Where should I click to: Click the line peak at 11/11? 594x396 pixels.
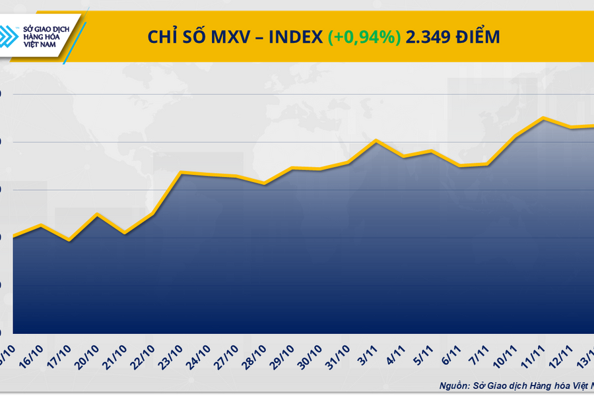[x=543, y=118]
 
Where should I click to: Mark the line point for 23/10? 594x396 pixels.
[x=181, y=172]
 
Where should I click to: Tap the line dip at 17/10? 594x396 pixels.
[x=69, y=240]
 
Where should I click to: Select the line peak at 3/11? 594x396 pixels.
[x=376, y=140]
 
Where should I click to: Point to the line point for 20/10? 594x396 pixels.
[x=98, y=214]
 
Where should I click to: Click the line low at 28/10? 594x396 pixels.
[x=264, y=183]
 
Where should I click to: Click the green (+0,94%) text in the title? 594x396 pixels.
[x=364, y=38]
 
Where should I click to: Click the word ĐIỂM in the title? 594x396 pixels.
[x=477, y=38]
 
